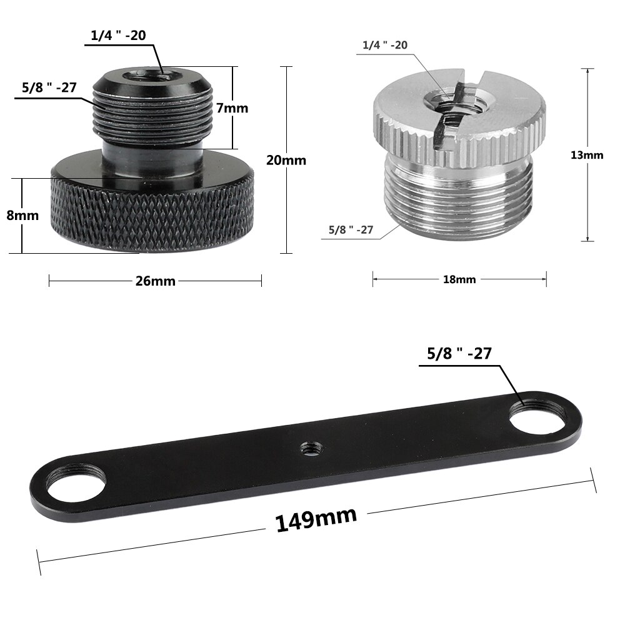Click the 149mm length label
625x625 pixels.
click(316, 519)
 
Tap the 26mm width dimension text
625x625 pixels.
click(156, 281)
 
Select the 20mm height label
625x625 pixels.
click(286, 160)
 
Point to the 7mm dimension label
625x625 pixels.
click(232, 108)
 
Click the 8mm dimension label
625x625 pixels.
click(22, 216)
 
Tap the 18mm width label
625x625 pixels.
click(459, 279)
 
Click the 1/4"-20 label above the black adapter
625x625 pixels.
click(119, 36)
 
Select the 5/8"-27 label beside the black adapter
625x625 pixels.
click(49, 87)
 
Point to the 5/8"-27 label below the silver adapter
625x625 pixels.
click(351, 230)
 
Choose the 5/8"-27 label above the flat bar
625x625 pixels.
click(459, 354)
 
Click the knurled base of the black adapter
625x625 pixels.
click(153, 212)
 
